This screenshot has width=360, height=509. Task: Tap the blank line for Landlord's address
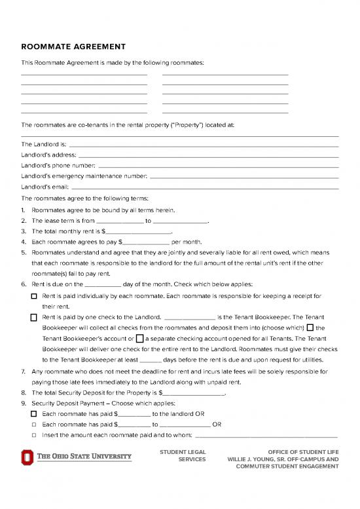(x=208, y=156)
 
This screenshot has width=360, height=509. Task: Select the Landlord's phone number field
(x=218, y=166)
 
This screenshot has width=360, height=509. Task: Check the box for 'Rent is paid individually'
(x=34, y=297)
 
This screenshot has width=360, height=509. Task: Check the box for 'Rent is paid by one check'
(x=34, y=318)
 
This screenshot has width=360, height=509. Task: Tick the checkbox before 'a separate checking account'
(x=139, y=339)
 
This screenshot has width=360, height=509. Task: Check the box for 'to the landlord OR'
(x=34, y=414)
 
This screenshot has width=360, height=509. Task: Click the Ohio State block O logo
(x=27, y=457)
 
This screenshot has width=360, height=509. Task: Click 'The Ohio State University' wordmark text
(x=83, y=457)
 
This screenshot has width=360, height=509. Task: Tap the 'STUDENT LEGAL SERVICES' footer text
(x=183, y=456)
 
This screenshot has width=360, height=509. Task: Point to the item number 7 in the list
(x=24, y=372)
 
